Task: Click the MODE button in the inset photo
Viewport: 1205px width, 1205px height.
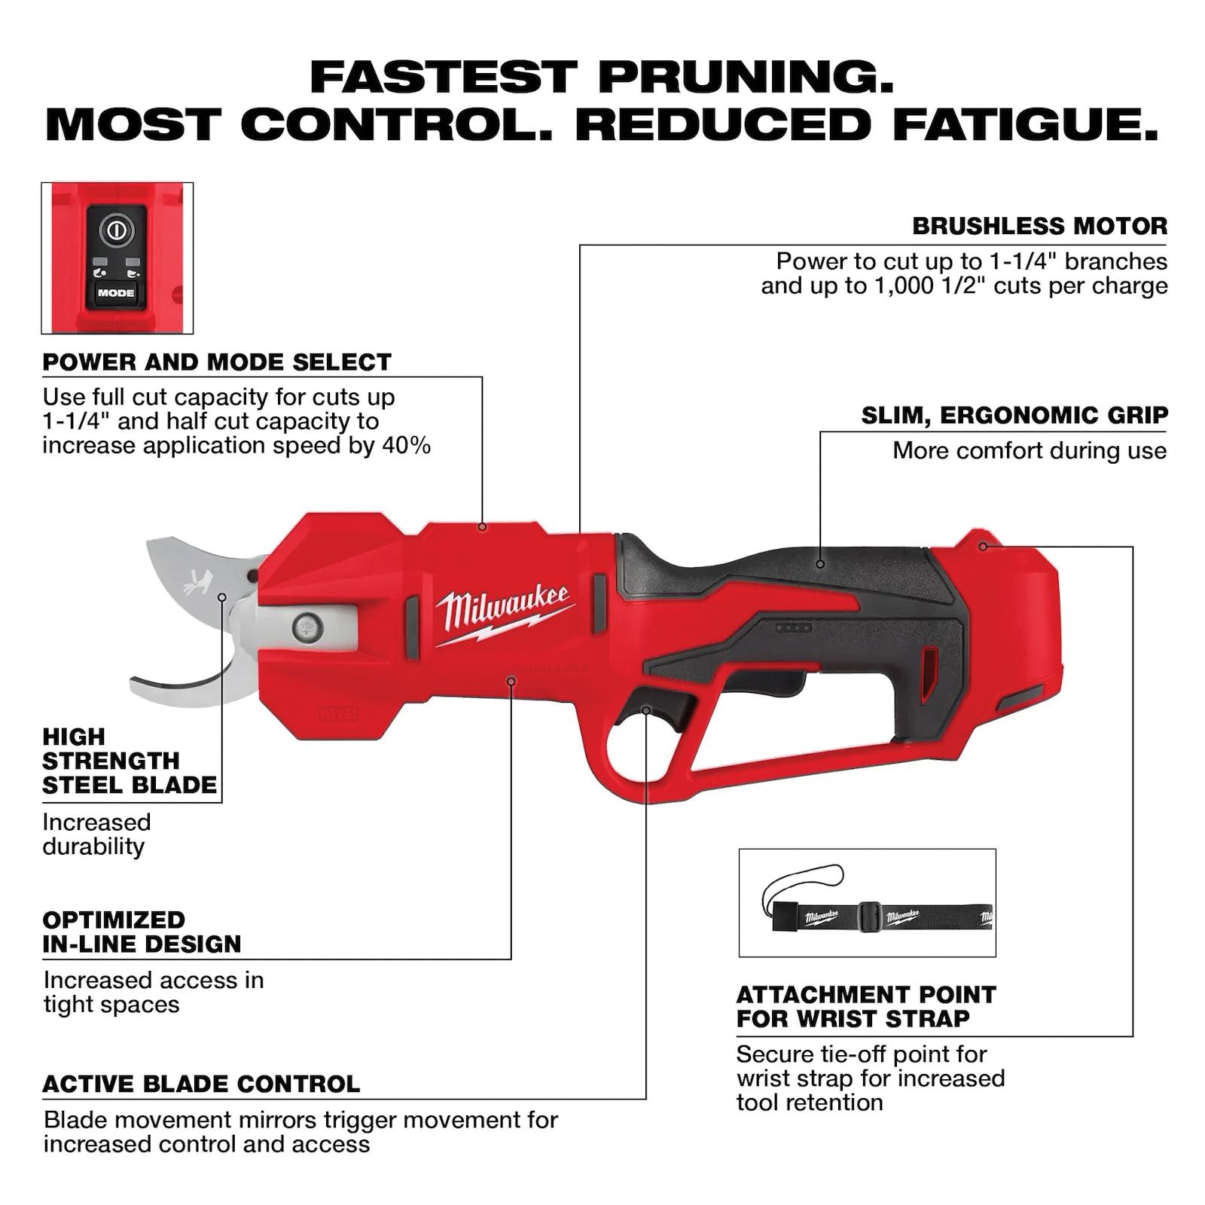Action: (x=115, y=293)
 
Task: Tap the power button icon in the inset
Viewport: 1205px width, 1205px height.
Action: (x=115, y=230)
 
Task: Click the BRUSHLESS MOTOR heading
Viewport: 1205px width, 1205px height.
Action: (x=1039, y=226)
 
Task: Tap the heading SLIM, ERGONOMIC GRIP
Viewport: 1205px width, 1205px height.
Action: (x=1014, y=415)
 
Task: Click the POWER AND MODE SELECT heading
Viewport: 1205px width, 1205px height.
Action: (x=217, y=361)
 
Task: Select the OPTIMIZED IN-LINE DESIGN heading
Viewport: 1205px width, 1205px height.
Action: (x=142, y=932)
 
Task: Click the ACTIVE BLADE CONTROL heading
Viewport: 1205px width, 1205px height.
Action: (x=201, y=1084)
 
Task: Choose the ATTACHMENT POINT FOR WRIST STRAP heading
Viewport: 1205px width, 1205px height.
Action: (x=866, y=1006)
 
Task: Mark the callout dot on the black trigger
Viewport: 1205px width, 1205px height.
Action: (x=646, y=710)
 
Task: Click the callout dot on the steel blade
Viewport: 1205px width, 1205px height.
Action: (x=222, y=597)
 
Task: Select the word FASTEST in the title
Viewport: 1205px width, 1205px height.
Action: (x=444, y=78)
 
